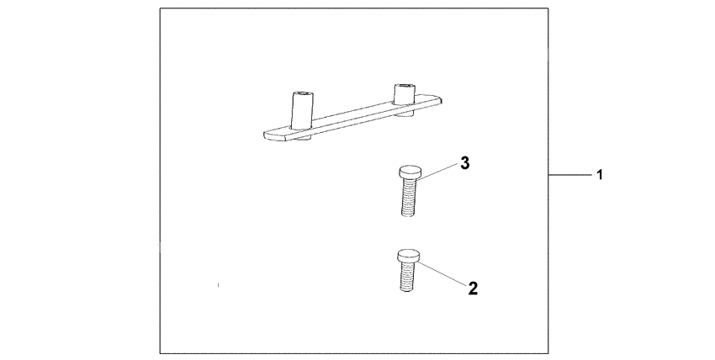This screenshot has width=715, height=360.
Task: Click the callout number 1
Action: pyautogui.click(x=600, y=174)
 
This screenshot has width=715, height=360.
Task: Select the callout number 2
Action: pyautogui.click(x=473, y=288)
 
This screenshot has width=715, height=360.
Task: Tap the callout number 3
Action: pyautogui.click(x=464, y=162)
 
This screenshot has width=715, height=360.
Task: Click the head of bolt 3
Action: pyautogui.click(x=410, y=172)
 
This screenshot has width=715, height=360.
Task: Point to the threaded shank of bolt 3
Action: pyautogui.click(x=409, y=197)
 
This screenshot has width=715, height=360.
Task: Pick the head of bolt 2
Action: pyautogui.click(x=408, y=255)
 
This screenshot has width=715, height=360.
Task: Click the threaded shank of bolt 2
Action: pyautogui.click(x=407, y=275)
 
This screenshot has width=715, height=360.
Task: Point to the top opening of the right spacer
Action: pyautogui.click(x=404, y=86)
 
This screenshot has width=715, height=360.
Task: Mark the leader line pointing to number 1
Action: pyautogui.click(x=570, y=174)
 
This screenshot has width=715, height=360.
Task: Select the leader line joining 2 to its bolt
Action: pyautogui.click(x=442, y=273)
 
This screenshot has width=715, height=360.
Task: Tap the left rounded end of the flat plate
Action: pyautogui.click(x=267, y=135)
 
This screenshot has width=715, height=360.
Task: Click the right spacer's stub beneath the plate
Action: pyautogui.click(x=404, y=114)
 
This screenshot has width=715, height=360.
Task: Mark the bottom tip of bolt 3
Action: pyautogui.click(x=408, y=215)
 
